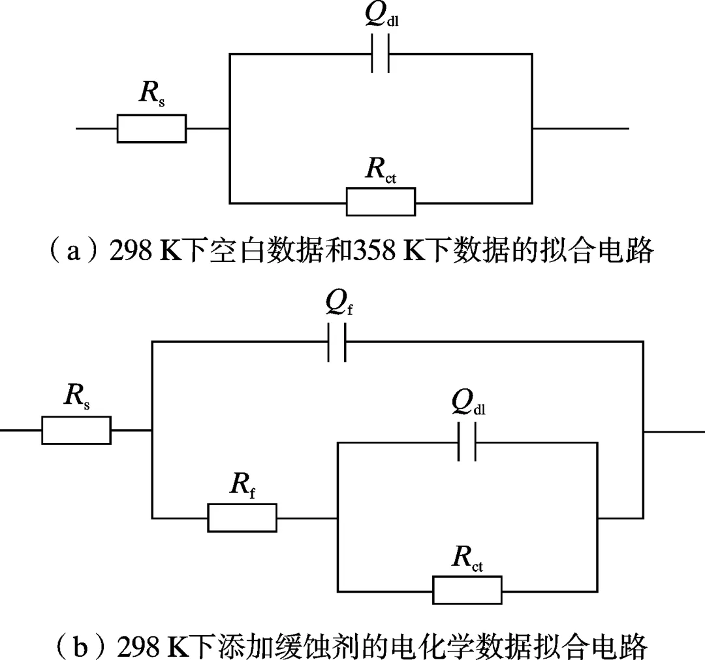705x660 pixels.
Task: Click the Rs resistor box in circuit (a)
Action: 151,128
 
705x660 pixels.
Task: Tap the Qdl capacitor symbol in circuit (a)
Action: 380,54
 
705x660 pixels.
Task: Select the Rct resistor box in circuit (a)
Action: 381,201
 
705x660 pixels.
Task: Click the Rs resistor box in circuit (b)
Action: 76,431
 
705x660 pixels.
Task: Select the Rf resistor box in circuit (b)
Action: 242,518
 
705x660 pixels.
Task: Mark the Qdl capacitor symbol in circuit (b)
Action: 467,442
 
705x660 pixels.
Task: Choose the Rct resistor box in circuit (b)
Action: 467,590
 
